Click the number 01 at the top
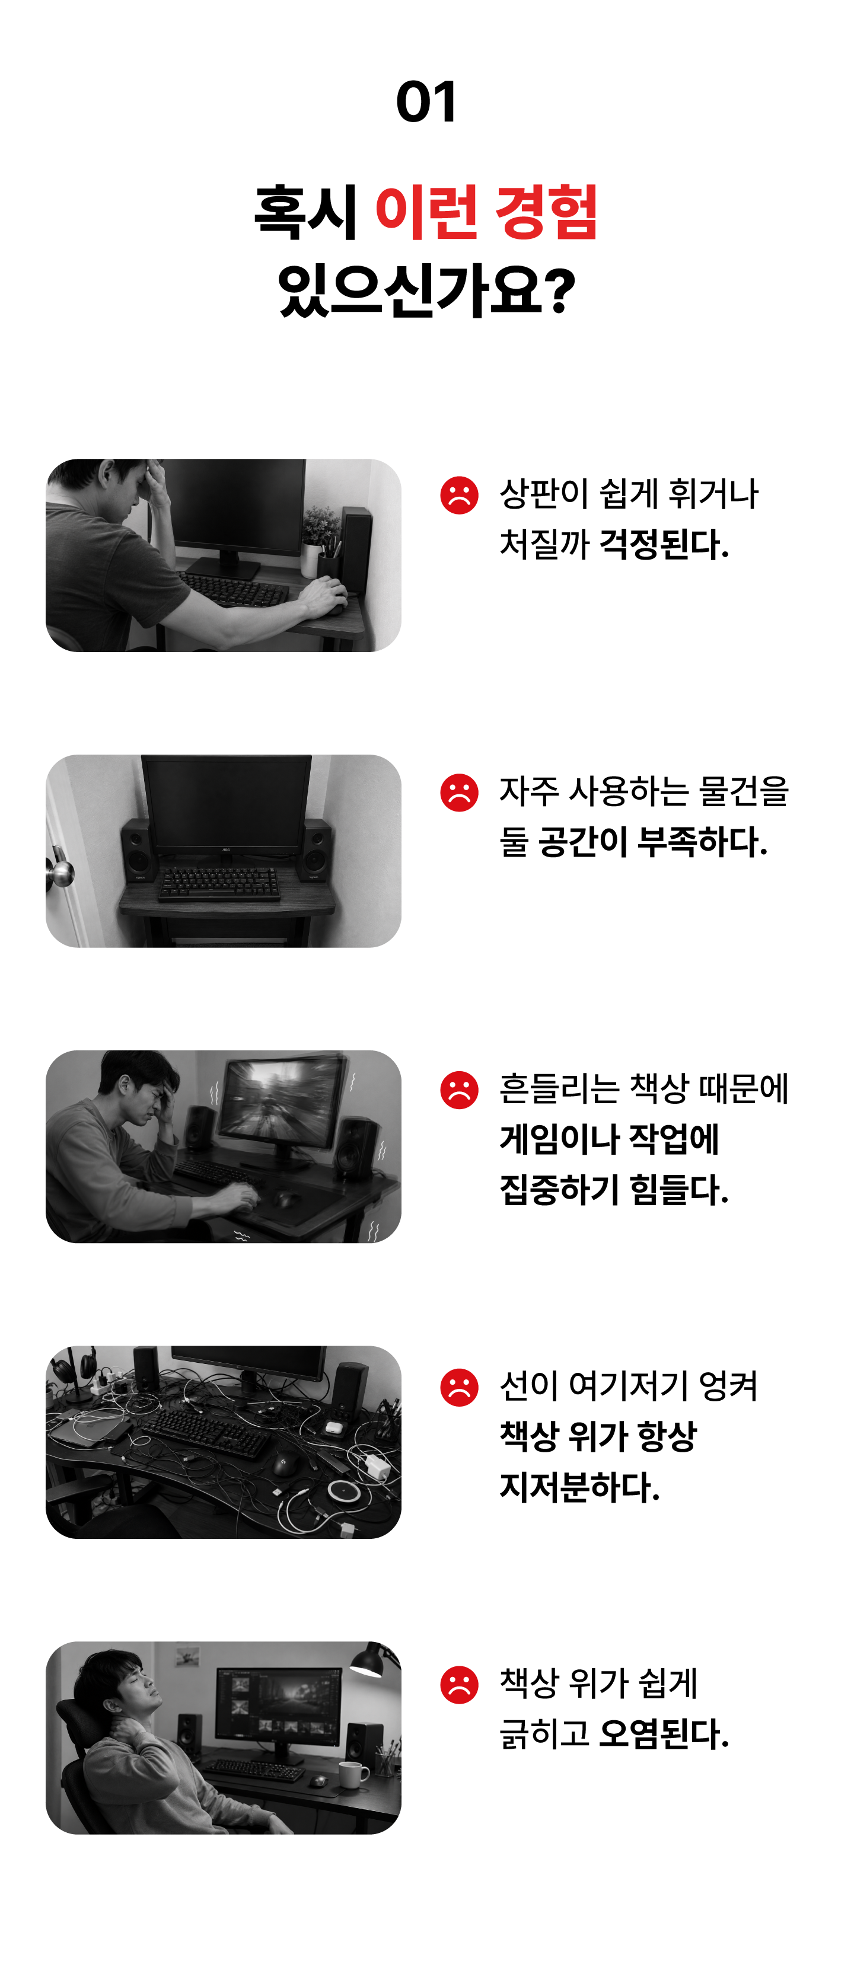[x=426, y=102]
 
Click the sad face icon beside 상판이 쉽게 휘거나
[x=459, y=494]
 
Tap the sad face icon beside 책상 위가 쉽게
[x=459, y=1685]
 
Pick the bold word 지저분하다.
[x=579, y=1486]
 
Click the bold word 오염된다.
[x=664, y=1734]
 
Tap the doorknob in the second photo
[x=60, y=873]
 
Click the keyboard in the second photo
[x=219, y=883]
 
